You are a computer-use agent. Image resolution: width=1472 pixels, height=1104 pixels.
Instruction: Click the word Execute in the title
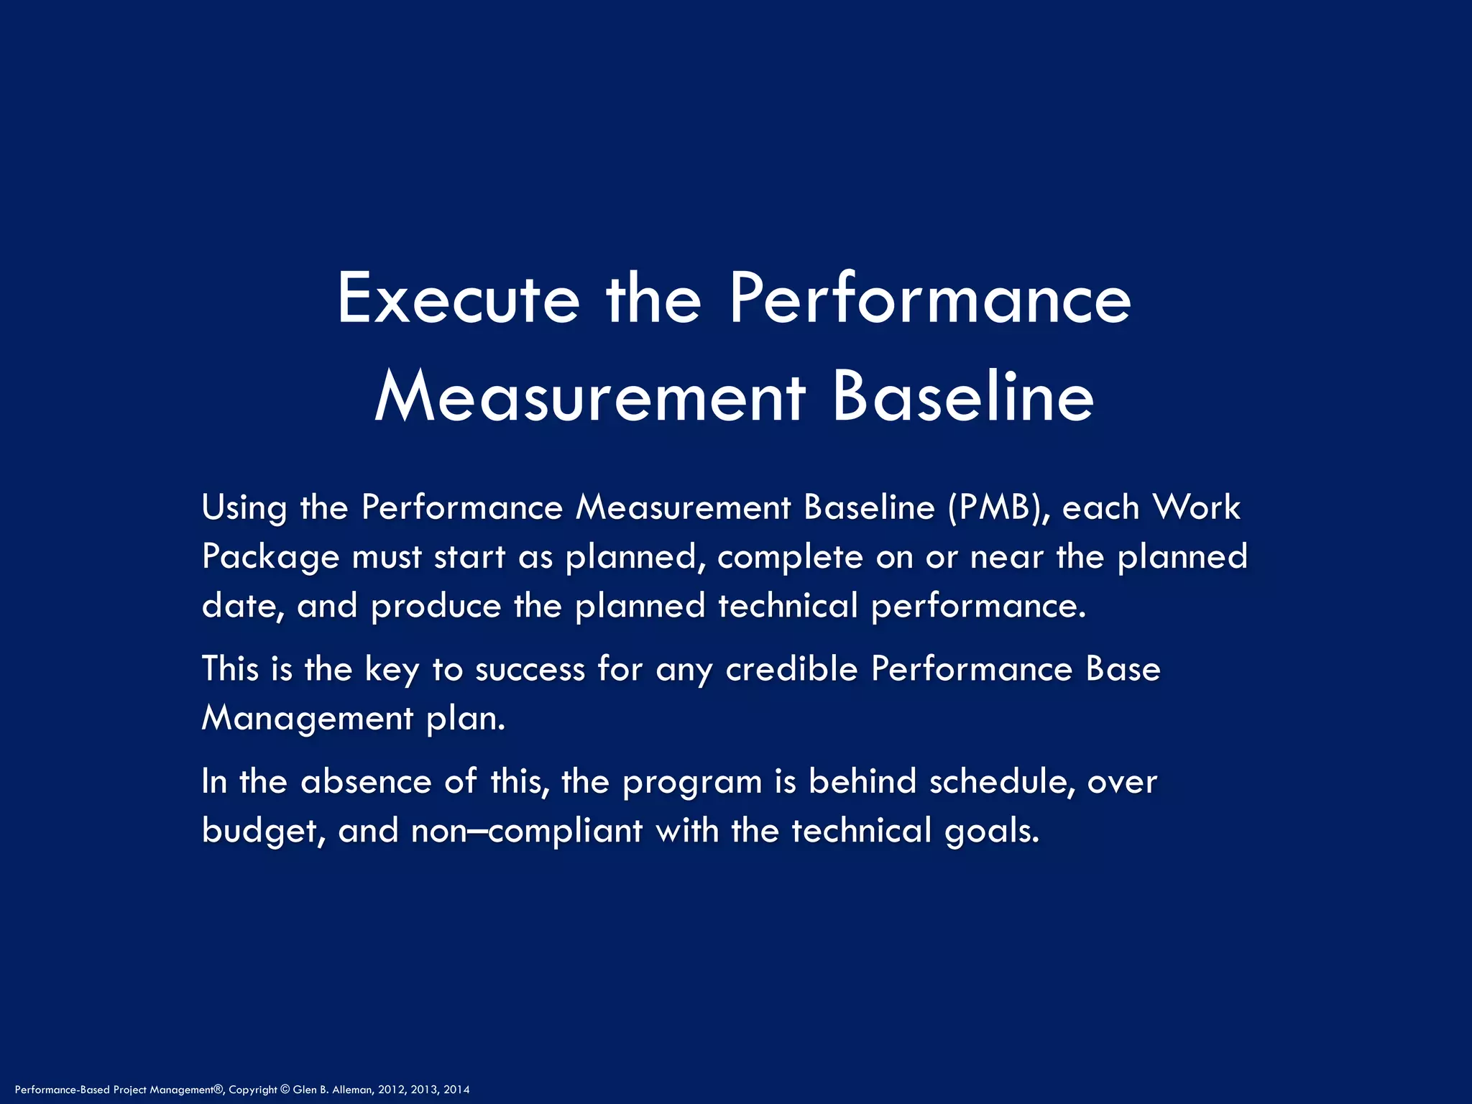point(458,298)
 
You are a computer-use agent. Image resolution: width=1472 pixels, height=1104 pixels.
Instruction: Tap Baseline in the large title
point(963,397)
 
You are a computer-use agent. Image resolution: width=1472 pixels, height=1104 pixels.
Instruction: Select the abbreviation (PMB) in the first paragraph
point(998,507)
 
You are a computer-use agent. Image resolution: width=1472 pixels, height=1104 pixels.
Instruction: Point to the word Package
point(270,557)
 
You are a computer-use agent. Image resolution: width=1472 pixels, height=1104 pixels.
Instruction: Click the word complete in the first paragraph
point(790,557)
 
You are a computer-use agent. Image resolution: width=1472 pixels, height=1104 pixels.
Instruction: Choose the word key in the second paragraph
point(392,669)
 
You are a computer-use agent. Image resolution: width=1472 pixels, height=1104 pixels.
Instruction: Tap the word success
point(530,669)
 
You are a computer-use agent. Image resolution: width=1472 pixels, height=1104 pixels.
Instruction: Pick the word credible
point(791,669)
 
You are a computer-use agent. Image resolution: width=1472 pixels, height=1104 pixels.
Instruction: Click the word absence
point(366,781)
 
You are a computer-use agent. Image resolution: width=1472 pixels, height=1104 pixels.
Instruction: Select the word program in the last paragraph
point(692,783)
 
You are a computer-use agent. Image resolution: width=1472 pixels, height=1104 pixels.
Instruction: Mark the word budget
point(259,831)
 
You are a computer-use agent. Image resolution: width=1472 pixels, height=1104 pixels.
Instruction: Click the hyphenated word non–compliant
point(526,831)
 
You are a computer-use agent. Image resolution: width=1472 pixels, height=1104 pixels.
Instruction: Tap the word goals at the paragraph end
point(992,832)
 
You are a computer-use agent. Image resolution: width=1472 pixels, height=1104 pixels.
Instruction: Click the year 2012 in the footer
point(391,1090)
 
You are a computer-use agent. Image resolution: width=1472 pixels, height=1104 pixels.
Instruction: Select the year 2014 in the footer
point(456,1090)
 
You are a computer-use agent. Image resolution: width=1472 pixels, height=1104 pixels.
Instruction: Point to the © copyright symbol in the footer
point(285,1090)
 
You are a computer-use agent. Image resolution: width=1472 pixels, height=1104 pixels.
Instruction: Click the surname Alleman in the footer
point(351,1090)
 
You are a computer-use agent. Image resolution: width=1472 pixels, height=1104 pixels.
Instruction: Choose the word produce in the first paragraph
point(436,607)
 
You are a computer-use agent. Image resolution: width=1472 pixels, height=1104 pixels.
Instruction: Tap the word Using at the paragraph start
point(244,508)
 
